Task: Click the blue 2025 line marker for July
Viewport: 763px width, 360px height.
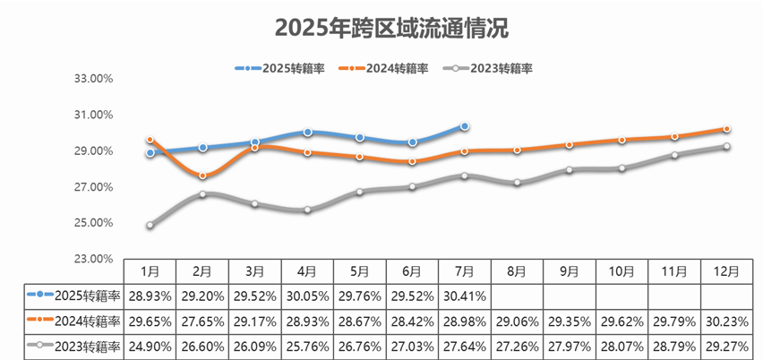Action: pos(465,126)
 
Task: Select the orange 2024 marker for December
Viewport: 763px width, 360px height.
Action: pos(726,129)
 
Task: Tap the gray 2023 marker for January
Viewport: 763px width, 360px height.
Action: pos(150,226)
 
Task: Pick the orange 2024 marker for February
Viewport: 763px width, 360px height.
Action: pos(202,176)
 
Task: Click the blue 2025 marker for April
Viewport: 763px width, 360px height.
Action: pos(307,133)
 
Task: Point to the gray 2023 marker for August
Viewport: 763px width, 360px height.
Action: pos(517,183)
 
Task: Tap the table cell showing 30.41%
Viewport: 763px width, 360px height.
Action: pos(465,295)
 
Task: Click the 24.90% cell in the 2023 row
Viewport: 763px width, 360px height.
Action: pos(150,346)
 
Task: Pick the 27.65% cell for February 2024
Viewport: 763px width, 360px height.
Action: pos(202,321)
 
